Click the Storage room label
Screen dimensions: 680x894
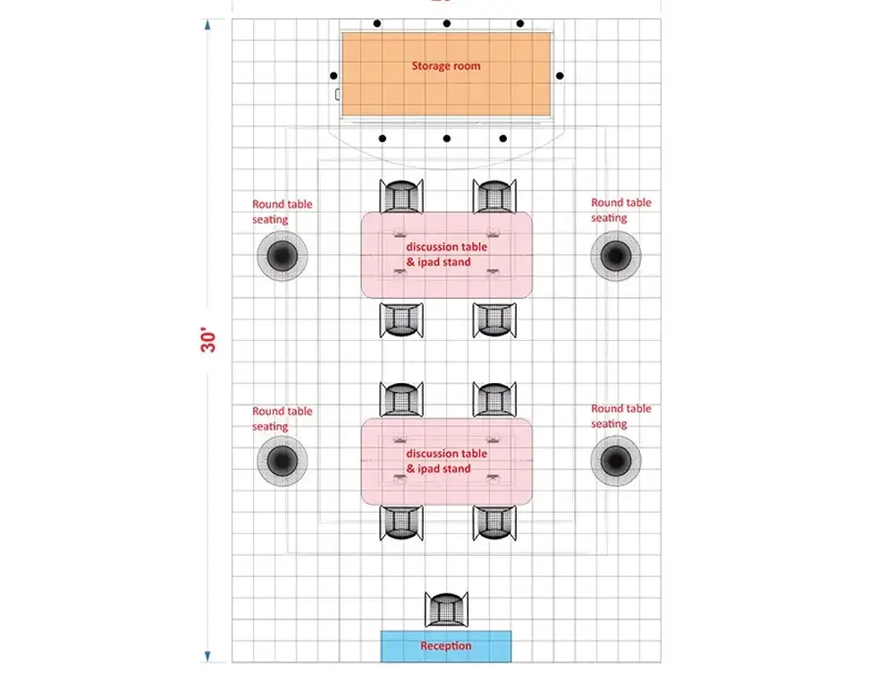[x=445, y=65]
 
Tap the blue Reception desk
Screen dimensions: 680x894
[x=446, y=646]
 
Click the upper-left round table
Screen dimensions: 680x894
[x=282, y=257]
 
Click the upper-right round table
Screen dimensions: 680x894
[x=615, y=257]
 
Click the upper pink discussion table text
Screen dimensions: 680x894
[x=446, y=254]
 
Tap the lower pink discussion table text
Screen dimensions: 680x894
[x=446, y=461]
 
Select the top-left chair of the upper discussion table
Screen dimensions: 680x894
[x=401, y=196]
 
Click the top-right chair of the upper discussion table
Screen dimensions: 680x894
[x=493, y=196]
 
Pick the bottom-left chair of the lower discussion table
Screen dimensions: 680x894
[x=401, y=523]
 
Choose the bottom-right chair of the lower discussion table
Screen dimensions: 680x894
[x=493, y=523]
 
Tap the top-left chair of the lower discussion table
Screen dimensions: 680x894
[x=401, y=399]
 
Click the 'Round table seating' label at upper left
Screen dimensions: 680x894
[x=282, y=212]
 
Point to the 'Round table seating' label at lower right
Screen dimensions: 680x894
[x=620, y=416]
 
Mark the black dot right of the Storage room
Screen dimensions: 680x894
[x=561, y=76]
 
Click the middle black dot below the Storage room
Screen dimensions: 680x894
[x=446, y=139]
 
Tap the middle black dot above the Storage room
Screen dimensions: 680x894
[x=446, y=23]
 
